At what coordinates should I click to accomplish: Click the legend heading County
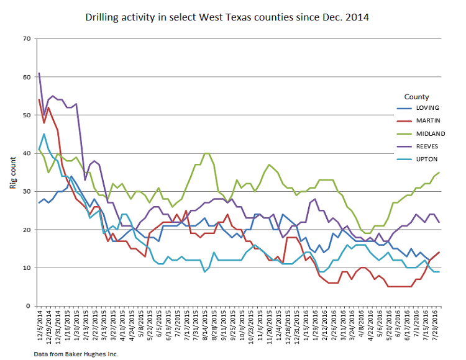tap(416, 97)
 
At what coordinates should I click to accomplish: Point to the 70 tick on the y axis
tap(26, 39)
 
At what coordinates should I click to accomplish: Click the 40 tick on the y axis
tap(26, 153)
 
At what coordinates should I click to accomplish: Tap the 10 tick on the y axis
tap(26, 268)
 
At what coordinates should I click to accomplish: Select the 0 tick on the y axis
tap(28, 306)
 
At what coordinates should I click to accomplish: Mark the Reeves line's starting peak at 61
tap(39, 73)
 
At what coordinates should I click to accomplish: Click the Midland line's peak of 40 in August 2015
tap(206, 153)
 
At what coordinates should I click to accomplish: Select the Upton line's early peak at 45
tap(43, 134)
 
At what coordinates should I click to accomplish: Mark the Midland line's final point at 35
tap(439, 173)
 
